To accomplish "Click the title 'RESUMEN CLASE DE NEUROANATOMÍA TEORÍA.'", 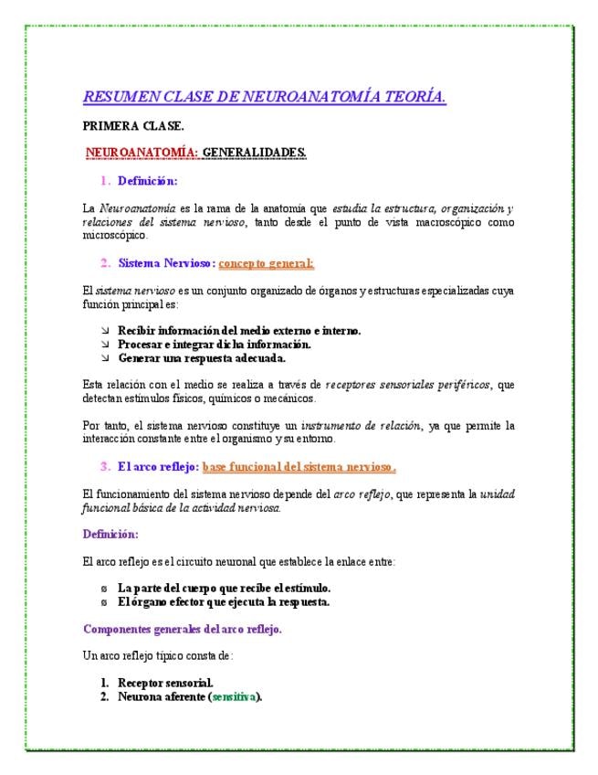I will point(264,97).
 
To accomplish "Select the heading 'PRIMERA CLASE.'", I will point(132,126).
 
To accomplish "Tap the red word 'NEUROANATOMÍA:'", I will point(142,152).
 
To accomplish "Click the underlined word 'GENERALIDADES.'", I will point(254,152).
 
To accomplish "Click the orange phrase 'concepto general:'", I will point(266,263).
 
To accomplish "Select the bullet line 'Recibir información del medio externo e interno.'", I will point(239,330).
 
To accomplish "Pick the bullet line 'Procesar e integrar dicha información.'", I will point(215,345).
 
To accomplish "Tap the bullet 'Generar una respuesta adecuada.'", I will point(202,358).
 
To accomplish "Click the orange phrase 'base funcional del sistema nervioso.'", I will point(299,467).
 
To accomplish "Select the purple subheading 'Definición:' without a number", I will point(110,534).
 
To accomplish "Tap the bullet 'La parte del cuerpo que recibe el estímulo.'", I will point(224,588).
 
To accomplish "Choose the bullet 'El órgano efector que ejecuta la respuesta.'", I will point(224,601).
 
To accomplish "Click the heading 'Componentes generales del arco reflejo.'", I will point(183,629).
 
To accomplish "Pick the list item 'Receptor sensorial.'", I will point(165,683).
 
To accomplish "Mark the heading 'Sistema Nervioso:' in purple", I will point(166,263).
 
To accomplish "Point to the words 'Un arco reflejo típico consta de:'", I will point(158,655).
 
